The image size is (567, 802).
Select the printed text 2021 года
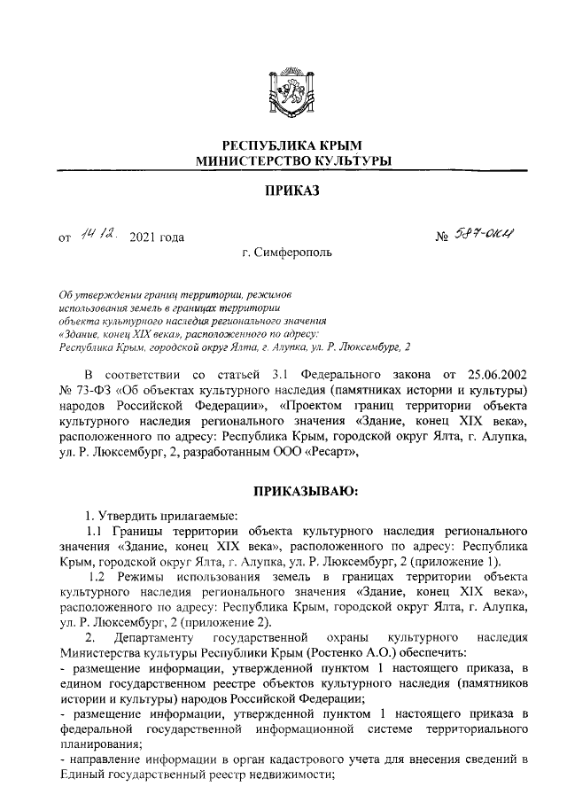(x=157, y=237)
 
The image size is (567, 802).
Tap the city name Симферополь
(x=293, y=253)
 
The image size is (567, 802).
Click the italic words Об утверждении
(x=94, y=293)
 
